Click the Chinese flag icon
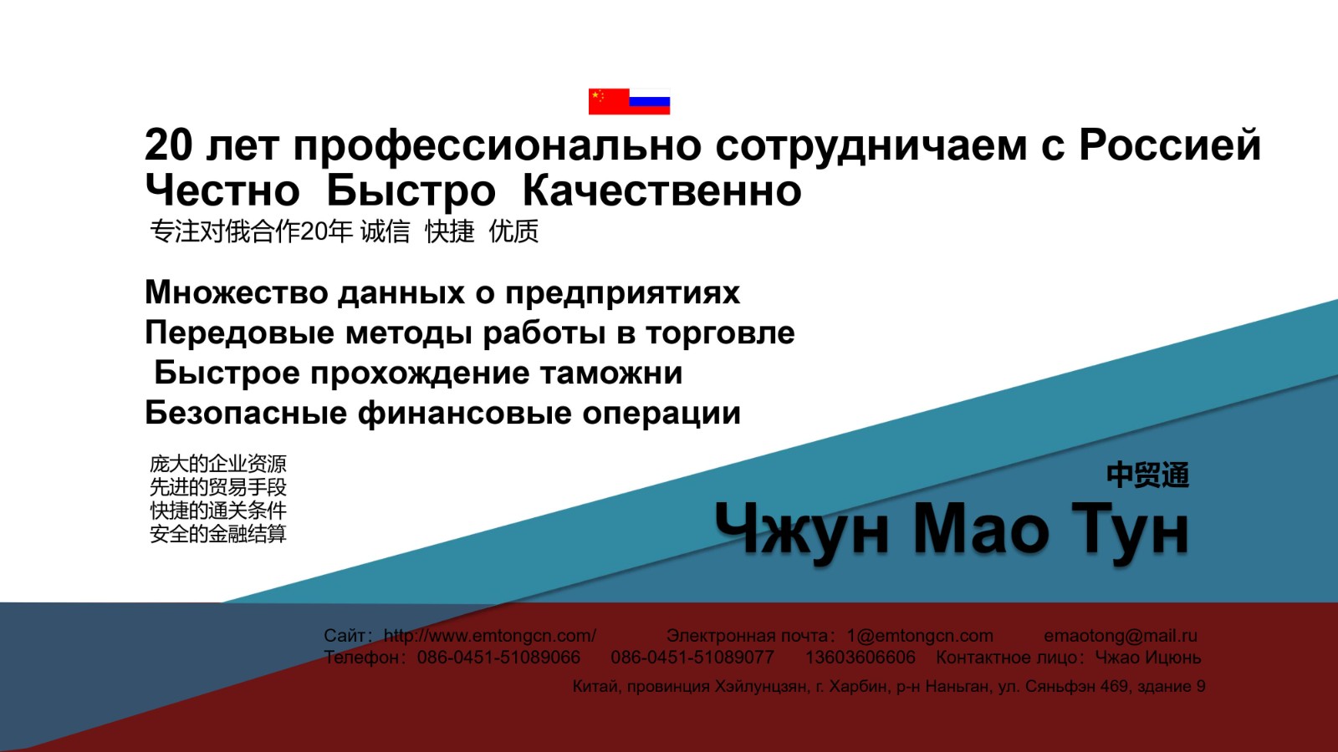point(609,101)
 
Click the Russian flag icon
point(649,101)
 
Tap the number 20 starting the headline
point(168,145)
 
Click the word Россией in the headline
point(1170,145)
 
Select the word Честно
point(222,191)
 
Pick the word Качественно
point(661,191)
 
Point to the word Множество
point(237,292)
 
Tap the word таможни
point(611,373)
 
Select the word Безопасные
point(246,413)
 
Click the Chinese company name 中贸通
point(1147,475)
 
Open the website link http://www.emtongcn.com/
point(490,636)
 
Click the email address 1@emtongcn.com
point(920,636)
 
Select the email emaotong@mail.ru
point(1121,636)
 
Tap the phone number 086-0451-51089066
point(498,657)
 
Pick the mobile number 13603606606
point(861,657)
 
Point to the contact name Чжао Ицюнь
point(1148,657)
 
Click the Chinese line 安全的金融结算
point(218,534)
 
